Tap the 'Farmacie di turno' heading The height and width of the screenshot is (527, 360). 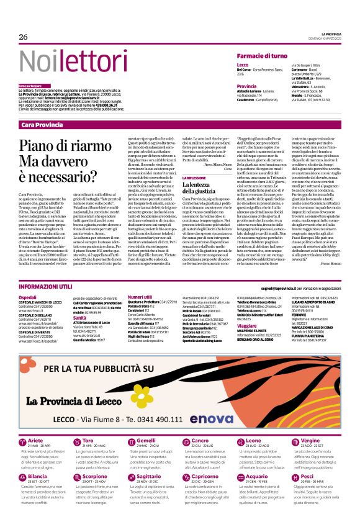tap(264, 56)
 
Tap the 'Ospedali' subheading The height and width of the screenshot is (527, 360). tap(28, 297)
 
